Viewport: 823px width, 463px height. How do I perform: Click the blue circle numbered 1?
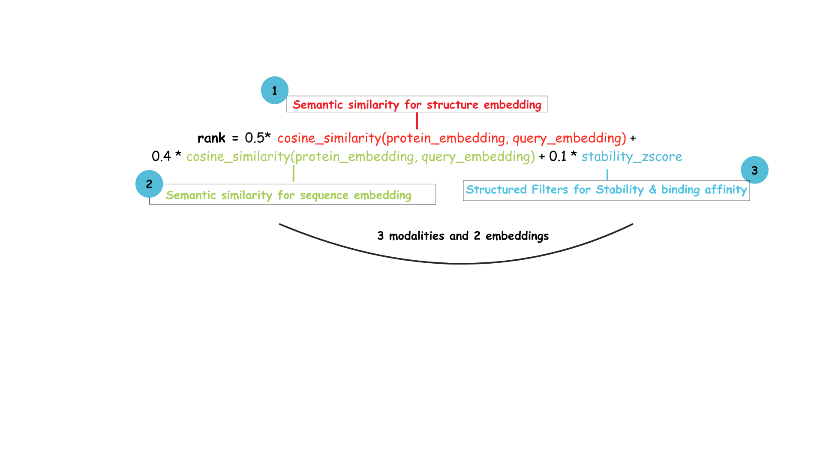(274, 90)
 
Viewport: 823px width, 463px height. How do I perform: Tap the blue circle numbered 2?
(149, 184)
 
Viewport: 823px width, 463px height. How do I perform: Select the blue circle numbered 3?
(754, 170)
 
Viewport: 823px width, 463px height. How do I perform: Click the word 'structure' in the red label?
(452, 105)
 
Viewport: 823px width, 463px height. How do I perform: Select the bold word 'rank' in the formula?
(211, 138)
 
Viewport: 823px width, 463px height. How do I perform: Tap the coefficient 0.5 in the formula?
(255, 138)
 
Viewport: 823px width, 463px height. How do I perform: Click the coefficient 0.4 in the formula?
(161, 156)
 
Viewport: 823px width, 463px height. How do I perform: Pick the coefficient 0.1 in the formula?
(558, 156)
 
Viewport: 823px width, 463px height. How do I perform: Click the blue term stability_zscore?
(631, 156)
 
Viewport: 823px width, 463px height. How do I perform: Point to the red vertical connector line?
(417, 121)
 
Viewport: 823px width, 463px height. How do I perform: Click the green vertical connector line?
(293, 174)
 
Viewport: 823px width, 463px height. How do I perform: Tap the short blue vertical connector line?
(607, 174)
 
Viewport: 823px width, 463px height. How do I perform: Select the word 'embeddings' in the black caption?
(517, 236)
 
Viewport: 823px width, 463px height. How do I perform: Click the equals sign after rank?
(235, 138)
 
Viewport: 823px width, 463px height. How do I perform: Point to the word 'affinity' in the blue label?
(726, 189)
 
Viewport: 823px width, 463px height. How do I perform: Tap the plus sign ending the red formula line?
(633, 138)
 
